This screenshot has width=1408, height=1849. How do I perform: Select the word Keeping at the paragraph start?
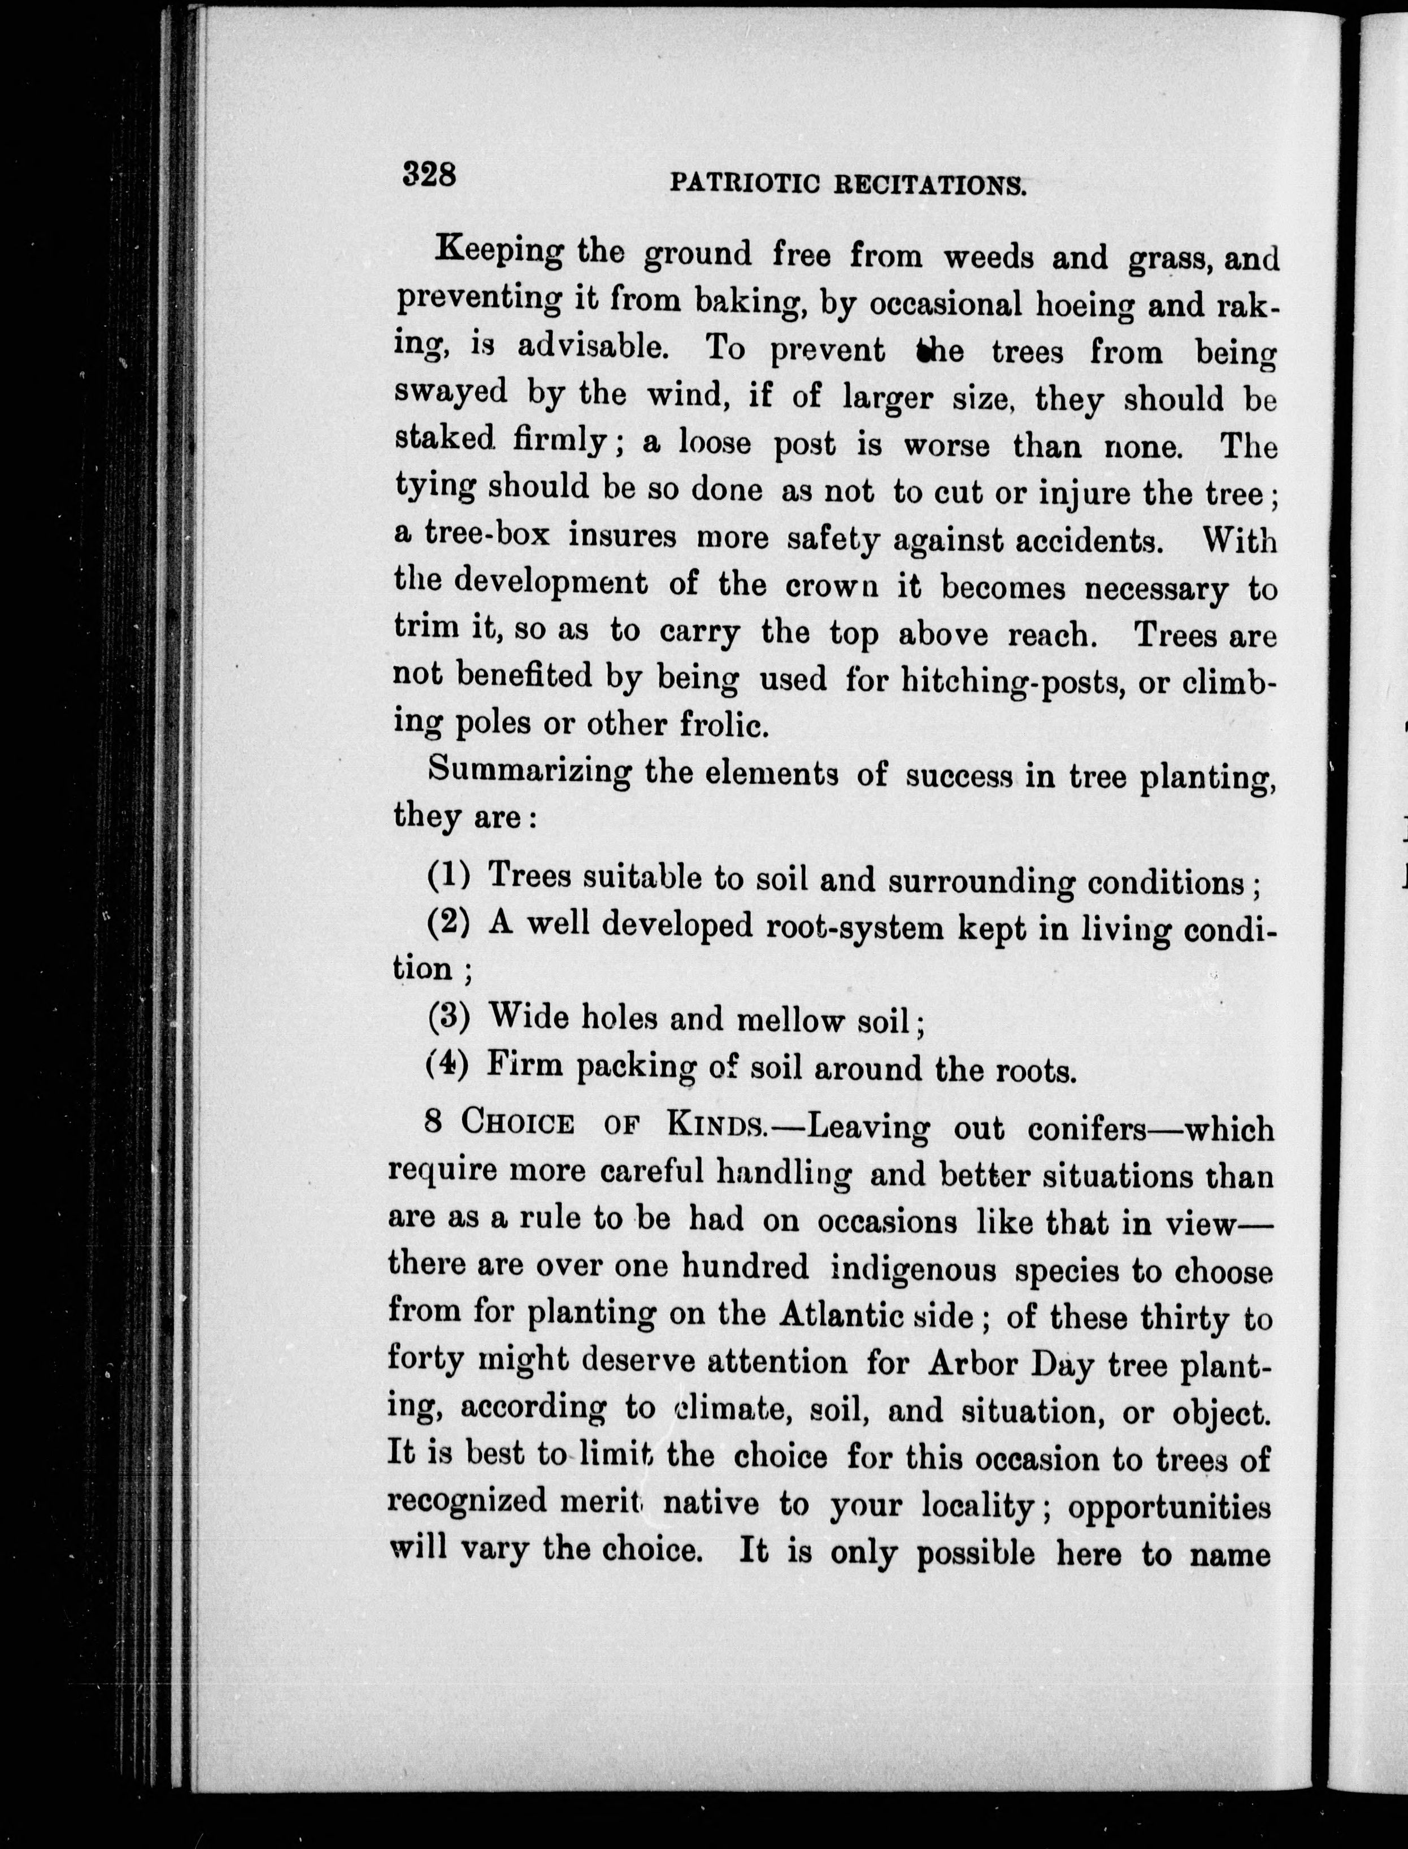[501, 252]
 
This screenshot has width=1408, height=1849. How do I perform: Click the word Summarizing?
[529, 771]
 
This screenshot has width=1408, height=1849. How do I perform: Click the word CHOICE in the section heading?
[517, 1123]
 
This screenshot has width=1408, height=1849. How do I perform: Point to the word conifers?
[1086, 1129]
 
